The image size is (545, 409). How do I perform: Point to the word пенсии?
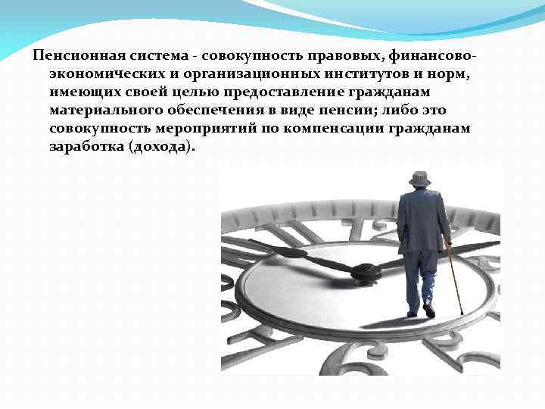pos(344,110)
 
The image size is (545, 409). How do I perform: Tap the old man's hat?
pos(419,179)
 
